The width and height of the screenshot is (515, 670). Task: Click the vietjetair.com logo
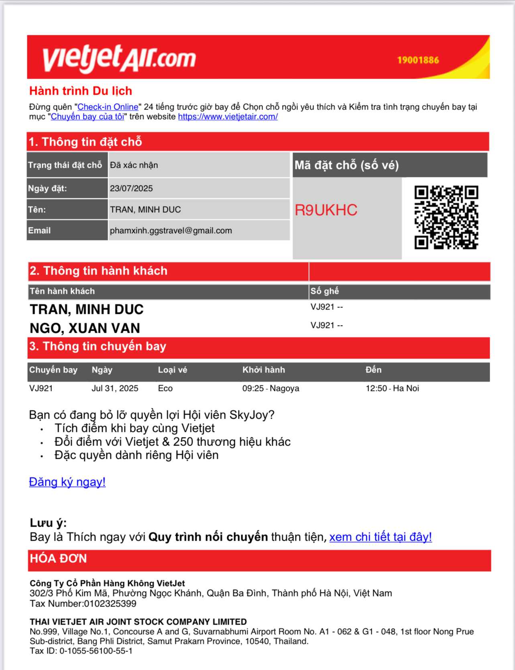(119, 59)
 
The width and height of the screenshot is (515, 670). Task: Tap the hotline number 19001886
(418, 60)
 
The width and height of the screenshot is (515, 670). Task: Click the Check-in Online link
(108, 107)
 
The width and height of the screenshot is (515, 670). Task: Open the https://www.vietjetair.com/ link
(228, 117)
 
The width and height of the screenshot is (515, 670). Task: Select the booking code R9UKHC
(326, 210)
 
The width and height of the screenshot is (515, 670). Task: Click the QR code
(446, 217)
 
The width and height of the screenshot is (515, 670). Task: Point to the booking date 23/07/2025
(131, 188)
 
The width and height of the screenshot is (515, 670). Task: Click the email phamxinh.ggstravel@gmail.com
(171, 230)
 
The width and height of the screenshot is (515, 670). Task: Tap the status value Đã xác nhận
(134, 165)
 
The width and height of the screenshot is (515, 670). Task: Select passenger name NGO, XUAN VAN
(85, 328)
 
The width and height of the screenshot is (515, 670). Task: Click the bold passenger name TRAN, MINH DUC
(86, 310)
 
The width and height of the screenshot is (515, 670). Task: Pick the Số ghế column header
(324, 291)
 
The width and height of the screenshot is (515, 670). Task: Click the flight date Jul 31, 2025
(115, 388)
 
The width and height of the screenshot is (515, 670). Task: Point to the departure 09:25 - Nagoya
(271, 388)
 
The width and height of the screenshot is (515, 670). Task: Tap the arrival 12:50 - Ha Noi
(392, 388)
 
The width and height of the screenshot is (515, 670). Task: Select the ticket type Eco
(165, 388)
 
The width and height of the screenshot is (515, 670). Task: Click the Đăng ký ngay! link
(67, 482)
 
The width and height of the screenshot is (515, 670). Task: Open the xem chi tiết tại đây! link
(380, 537)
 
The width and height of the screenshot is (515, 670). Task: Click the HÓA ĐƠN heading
(58, 559)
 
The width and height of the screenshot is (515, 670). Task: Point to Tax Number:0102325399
(83, 603)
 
